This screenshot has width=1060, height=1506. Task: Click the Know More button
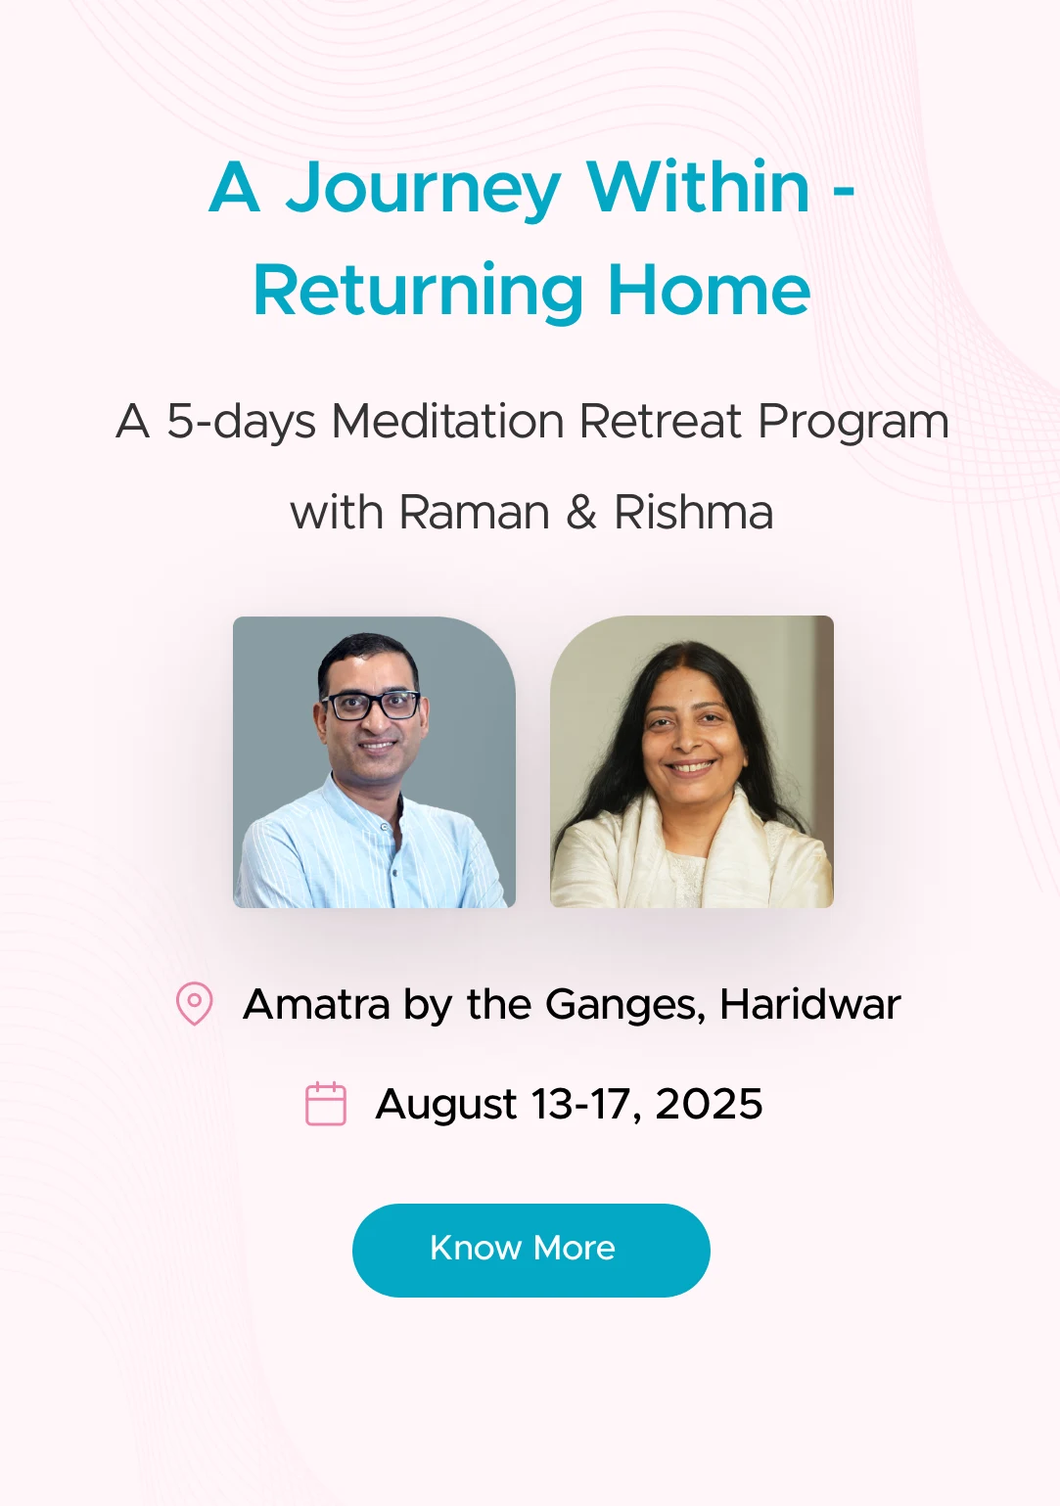[530, 1250]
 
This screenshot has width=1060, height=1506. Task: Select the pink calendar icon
[326, 1103]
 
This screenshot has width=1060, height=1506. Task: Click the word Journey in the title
[423, 190]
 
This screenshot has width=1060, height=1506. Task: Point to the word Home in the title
[710, 291]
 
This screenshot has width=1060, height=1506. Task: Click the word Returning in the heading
[418, 293]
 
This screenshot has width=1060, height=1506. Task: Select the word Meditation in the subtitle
[448, 422]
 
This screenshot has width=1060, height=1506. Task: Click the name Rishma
[693, 513]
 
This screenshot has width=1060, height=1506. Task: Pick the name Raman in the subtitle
[475, 513]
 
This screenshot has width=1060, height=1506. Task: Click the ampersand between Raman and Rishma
[581, 513]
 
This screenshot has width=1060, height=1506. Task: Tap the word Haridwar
[809, 1004]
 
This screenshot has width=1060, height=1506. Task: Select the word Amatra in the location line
[316, 1004]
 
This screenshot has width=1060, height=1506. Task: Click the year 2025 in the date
[709, 1104]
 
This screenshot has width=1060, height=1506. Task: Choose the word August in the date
[446, 1106]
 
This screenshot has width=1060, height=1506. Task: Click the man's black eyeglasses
[371, 706]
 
